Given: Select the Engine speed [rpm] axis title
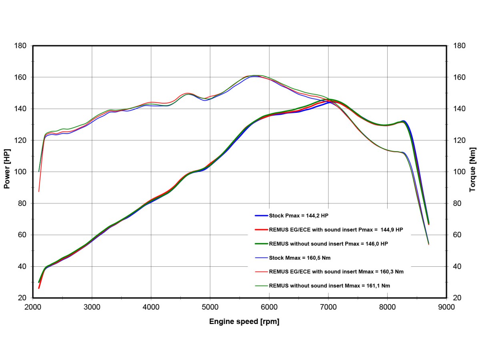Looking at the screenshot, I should (x=244, y=322).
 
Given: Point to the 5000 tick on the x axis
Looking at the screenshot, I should (x=210, y=307).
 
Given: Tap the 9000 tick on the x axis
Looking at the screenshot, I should (x=446, y=307).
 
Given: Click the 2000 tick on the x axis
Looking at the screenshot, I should (x=33, y=307).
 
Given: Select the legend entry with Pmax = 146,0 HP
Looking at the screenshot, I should (x=328, y=244).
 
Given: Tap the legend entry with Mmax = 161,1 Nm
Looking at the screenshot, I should (x=330, y=286).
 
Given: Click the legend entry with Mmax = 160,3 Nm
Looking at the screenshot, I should (x=336, y=272).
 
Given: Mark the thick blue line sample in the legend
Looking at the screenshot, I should (x=261, y=216).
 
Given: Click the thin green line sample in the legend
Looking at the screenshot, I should (x=261, y=286).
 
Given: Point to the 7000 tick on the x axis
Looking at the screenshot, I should (x=328, y=307).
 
